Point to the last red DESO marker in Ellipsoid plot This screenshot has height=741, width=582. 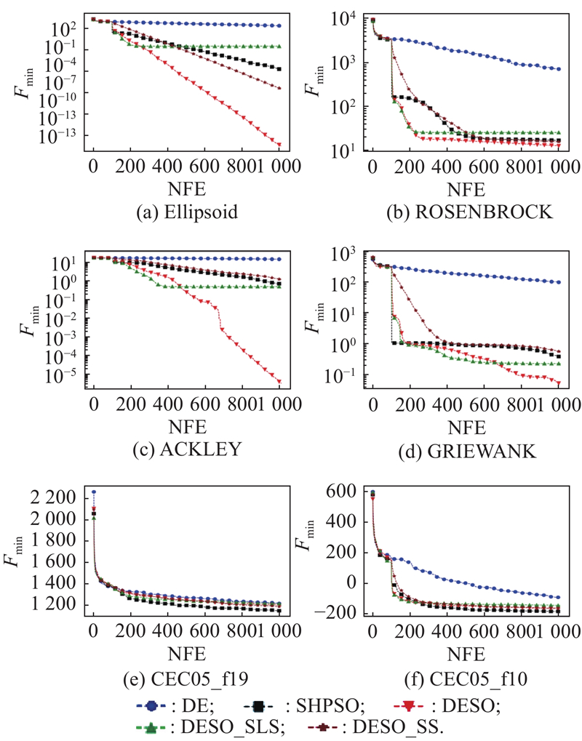coord(280,144)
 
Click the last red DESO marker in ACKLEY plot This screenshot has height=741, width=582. coord(280,381)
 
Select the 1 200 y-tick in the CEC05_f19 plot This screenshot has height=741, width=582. coord(64,605)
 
